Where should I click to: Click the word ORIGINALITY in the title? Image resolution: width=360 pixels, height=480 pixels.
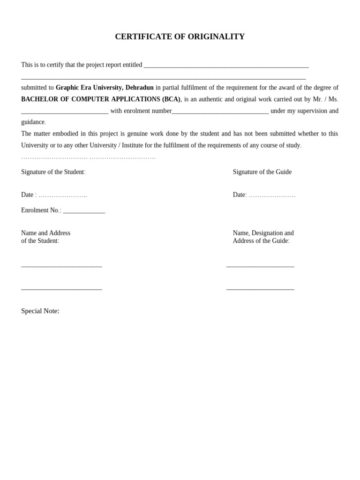(x=216, y=37)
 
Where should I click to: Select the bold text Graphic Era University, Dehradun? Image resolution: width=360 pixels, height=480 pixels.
(x=105, y=88)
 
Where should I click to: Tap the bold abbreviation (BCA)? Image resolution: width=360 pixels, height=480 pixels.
(x=171, y=99)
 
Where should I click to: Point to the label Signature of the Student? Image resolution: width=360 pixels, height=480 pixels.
(x=53, y=172)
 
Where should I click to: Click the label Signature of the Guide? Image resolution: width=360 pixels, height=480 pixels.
(x=262, y=172)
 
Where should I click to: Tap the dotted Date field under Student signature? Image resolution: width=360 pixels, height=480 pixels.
(x=62, y=195)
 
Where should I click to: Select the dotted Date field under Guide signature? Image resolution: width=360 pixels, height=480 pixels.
(x=272, y=195)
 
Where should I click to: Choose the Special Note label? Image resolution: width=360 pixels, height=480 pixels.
(x=40, y=311)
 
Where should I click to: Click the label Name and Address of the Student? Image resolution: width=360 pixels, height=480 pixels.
(x=45, y=237)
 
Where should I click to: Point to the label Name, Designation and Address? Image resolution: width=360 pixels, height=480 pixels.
(x=263, y=237)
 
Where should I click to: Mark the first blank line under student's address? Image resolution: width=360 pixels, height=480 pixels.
(x=61, y=266)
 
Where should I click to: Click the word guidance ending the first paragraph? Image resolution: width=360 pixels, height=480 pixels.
(x=33, y=122)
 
